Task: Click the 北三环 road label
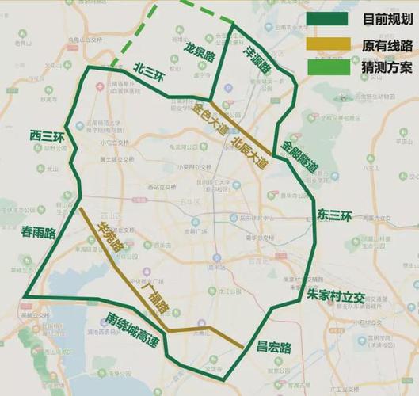point(150,69)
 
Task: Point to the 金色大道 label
point(209,119)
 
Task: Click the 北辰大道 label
point(249,150)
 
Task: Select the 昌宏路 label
point(274,347)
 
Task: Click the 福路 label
point(157,300)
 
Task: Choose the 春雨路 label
point(39,233)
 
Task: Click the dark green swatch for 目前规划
point(327,18)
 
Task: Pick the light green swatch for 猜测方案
point(327,67)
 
